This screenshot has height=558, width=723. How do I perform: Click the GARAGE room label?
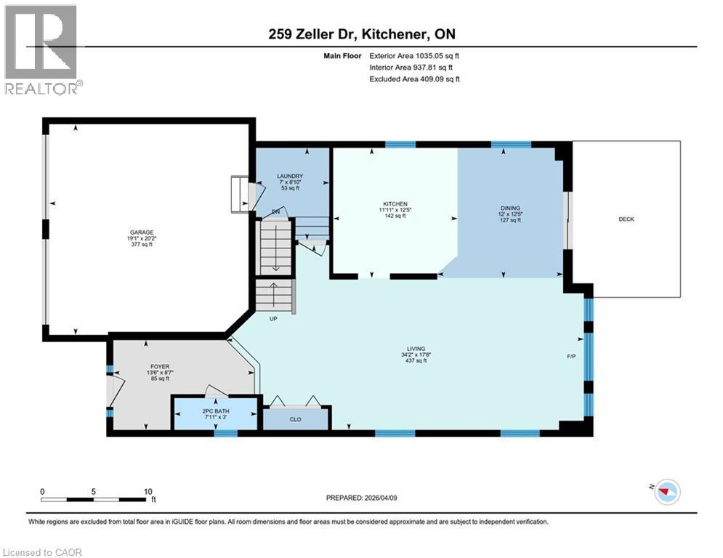point(142,232)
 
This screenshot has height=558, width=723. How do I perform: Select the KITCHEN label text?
point(395,204)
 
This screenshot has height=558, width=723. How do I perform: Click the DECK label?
point(626,219)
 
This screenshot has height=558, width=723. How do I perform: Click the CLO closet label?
point(296,419)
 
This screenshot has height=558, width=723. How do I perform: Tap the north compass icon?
point(666,492)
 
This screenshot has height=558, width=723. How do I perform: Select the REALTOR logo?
point(42,49)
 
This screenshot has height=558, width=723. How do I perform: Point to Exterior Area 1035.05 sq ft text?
point(415,54)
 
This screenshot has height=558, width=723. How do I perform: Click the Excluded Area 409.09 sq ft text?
point(415,79)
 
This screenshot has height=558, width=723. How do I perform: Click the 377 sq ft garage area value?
point(142,244)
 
